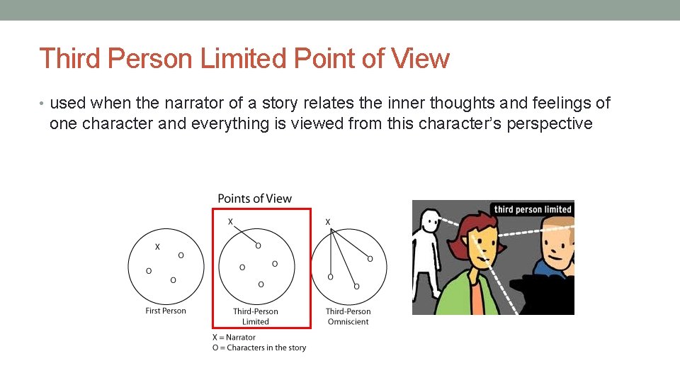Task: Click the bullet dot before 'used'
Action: [x=42, y=104]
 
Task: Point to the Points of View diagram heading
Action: [x=254, y=199]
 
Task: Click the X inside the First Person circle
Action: [x=157, y=247]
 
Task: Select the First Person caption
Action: [x=166, y=311]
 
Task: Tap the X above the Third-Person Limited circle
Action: [x=230, y=222]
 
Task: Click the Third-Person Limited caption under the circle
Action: [x=256, y=316]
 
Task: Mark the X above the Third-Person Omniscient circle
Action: [x=327, y=222]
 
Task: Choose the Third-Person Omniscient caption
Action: [x=348, y=316]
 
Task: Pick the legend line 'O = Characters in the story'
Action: [x=259, y=348]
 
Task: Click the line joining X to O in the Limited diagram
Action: [x=244, y=234]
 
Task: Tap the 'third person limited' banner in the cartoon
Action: [x=533, y=209]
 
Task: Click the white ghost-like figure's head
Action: [x=430, y=223]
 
